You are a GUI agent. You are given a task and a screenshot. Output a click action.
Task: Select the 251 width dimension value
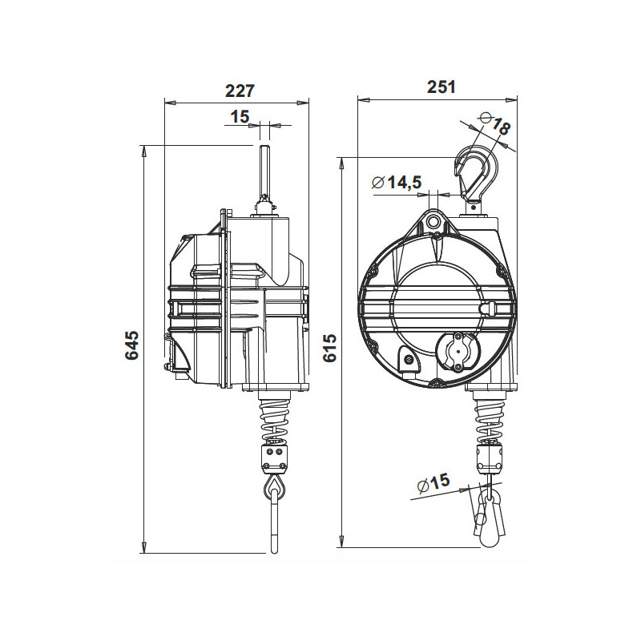point(441,87)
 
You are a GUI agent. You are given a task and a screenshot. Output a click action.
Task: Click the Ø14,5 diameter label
point(397,183)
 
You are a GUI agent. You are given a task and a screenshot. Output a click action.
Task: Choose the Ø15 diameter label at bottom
point(433,485)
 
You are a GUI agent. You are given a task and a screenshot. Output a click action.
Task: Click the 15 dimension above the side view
point(240,117)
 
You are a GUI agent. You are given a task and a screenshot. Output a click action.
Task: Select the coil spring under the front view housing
point(488,420)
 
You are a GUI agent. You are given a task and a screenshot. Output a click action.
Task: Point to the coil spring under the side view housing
point(274,420)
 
